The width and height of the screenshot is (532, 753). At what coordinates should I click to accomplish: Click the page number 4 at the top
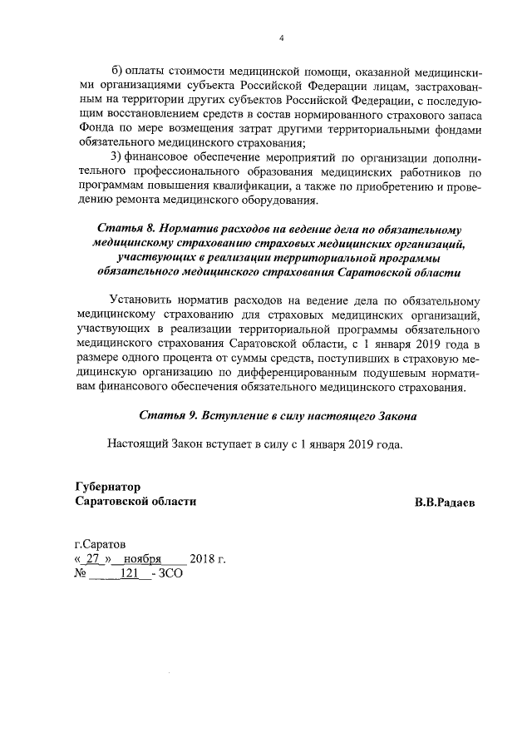coord(281,37)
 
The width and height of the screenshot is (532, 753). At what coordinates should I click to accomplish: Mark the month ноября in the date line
coord(142,558)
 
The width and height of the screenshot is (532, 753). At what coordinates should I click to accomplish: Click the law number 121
coord(128,573)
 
